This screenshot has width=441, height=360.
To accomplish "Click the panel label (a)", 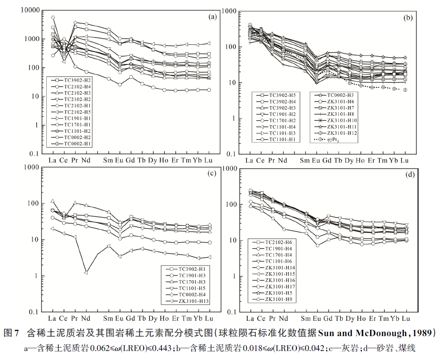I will point(213,18).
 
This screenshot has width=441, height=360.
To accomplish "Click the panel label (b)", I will point(408,18).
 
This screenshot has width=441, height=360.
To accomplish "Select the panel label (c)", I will point(213,173).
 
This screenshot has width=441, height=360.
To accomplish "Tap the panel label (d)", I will point(409,175).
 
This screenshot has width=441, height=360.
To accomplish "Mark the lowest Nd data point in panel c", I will point(86,272).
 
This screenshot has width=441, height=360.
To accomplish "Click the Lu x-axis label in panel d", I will point(405,318).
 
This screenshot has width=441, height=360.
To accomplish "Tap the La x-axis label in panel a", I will point(53,160).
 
